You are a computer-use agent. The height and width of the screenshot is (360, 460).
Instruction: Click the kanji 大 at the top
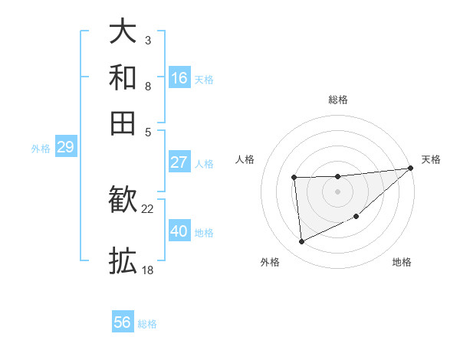pos(123,32)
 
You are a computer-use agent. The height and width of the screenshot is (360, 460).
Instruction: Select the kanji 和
pos(123,77)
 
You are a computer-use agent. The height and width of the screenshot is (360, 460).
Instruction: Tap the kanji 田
pos(123,123)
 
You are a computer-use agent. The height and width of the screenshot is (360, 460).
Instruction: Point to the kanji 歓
pos(123,201)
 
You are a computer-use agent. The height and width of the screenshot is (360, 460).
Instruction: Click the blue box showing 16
pos(179,78)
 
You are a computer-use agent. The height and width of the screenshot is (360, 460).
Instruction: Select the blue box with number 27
pos(179,162)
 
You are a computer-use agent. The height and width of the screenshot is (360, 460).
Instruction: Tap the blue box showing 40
pos(179,231)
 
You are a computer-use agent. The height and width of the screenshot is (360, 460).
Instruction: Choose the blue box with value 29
pos(65,147)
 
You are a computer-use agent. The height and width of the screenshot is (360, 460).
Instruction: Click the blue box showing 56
pos(123,322)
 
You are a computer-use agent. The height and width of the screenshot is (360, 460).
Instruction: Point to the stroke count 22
pos(148,208)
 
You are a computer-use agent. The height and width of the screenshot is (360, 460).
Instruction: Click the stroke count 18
pos(148,270)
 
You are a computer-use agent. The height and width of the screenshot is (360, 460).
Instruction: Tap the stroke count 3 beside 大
pos(148,40)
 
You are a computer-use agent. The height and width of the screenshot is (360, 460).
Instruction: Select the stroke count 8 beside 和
pos(148,85)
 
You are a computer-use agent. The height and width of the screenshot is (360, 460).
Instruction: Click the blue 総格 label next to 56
pos(147,324)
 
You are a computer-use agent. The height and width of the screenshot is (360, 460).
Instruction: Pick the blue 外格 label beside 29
pos(41,149)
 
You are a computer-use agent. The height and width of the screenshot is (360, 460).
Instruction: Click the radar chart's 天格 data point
pos(411,169)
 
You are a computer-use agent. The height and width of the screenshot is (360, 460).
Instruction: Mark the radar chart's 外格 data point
pos(301,242)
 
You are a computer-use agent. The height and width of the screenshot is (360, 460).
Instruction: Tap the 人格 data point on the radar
pos(294,178)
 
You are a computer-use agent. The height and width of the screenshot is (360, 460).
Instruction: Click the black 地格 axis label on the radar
pos(402,263)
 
